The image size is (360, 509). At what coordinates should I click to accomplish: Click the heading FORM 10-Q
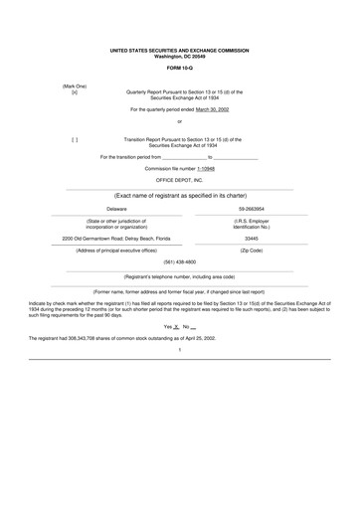[180, 68]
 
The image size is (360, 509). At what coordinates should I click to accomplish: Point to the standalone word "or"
[180, 122]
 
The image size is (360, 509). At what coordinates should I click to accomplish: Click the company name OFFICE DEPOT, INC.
[180, 180]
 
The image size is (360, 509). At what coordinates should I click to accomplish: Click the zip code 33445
[252, 239]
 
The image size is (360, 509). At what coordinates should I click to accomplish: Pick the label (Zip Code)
[252, 251]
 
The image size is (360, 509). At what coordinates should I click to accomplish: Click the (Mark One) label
[75, 85]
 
